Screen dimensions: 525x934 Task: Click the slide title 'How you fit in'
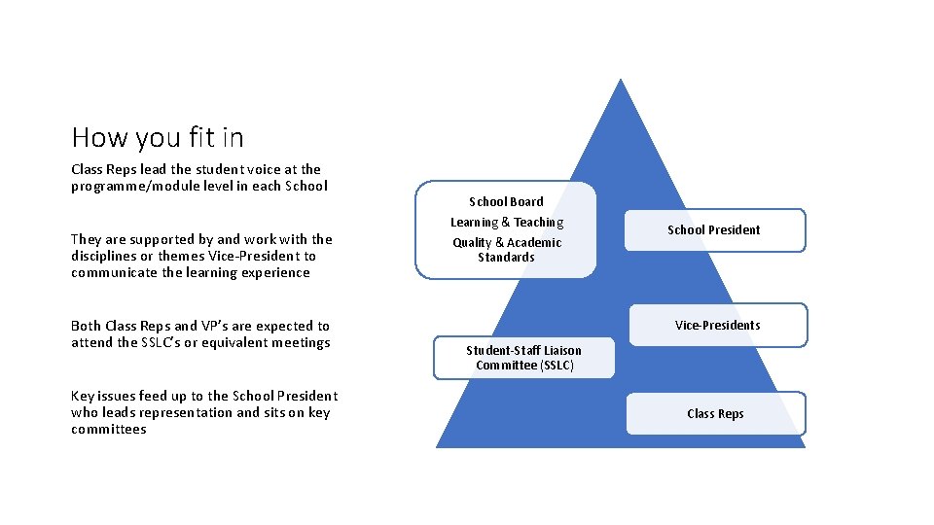coord(158,137)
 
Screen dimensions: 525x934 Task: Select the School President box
coord(713,230)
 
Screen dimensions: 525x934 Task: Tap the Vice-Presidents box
coord(717,325)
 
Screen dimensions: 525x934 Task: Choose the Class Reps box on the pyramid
coord(715,413)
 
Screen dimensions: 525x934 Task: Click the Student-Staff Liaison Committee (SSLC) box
coord(523,358)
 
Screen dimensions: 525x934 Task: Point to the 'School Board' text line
coord(506,201)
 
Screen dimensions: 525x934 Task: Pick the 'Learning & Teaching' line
coord(506,223)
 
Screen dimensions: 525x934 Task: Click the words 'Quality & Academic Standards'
coord(506,250)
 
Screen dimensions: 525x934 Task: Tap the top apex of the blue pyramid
coord(620,80)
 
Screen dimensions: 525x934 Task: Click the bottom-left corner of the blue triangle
coord(438,446)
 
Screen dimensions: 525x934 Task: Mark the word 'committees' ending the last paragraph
coord(108,429)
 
